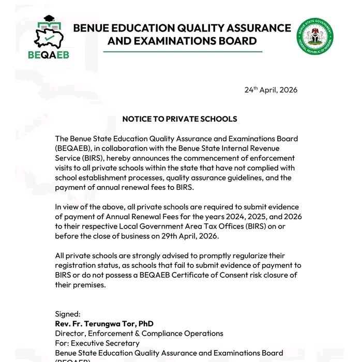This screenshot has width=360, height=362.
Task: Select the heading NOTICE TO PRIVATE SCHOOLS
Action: [179, 119]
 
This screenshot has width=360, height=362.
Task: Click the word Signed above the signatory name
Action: [68, 314]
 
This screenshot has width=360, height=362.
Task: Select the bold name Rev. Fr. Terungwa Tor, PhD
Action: [104, 324]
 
